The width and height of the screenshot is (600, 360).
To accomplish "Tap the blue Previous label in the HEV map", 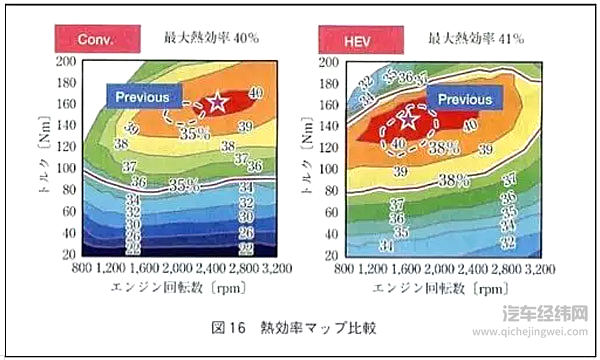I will [x=466, y=100].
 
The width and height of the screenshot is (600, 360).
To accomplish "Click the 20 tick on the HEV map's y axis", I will [x=324, y=256].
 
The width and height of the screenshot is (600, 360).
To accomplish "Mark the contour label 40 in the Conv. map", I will [x=255, y=92].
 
